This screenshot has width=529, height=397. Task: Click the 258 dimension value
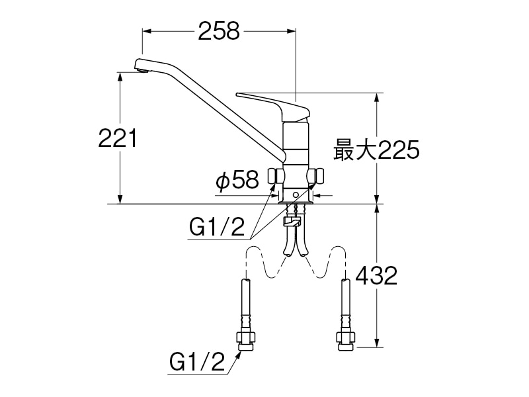pos(218,31)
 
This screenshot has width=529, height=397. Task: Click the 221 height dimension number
pos(117,139)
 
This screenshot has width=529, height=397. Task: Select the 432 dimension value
pos(376,275)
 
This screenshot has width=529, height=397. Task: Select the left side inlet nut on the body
pos(276,176)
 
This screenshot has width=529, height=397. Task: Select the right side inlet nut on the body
pos(318,176)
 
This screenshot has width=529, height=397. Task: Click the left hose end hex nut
pos(245,341)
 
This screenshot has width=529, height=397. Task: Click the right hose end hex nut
pos(346,341)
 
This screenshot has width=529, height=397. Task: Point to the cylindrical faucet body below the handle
pos(296,142)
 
